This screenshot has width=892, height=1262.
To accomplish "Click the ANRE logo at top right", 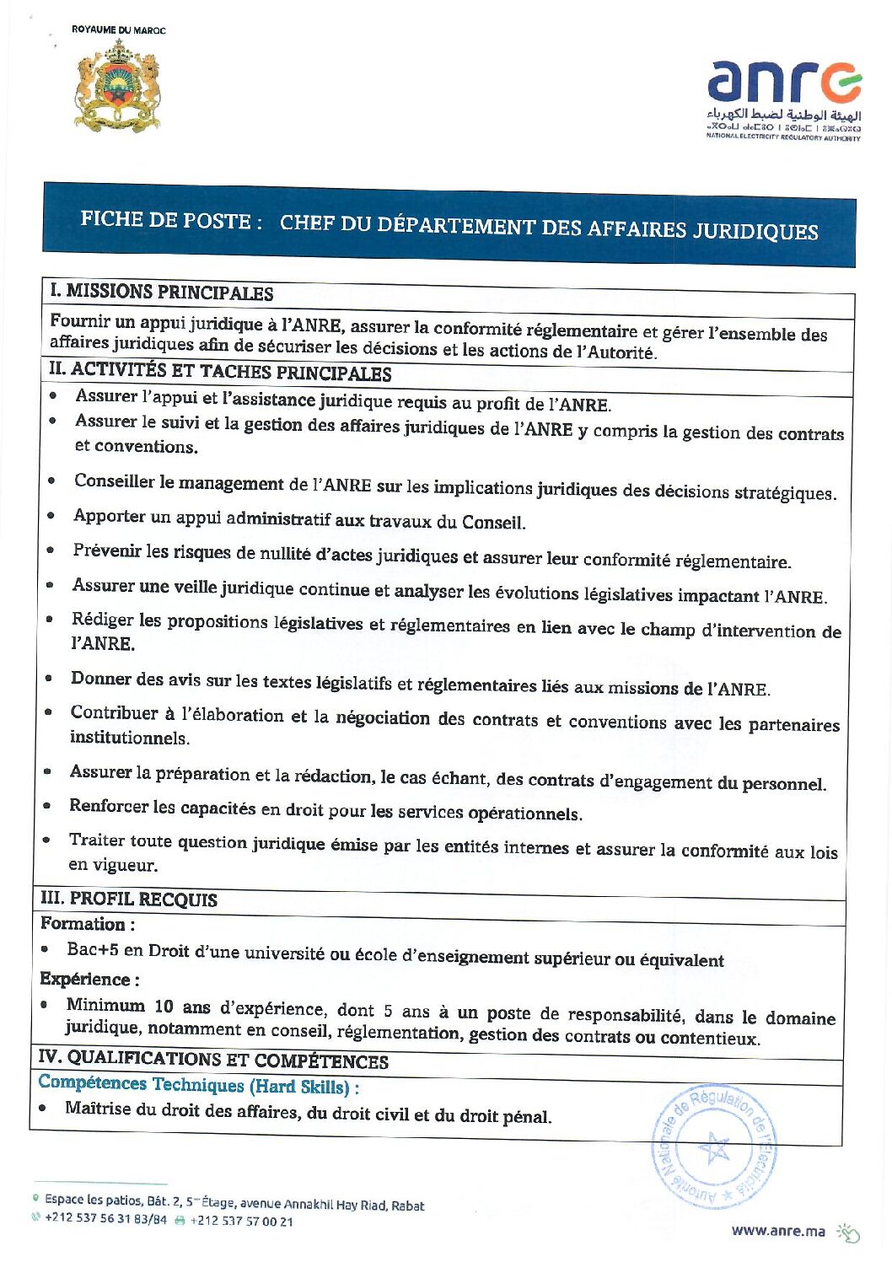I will click(783, 100).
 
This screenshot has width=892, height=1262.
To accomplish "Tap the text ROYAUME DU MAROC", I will click(119, 30).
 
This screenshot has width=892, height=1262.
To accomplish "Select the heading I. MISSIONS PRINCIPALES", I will click(161, 293).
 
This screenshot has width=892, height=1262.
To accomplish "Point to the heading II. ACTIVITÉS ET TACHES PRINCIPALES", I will click(220, 371).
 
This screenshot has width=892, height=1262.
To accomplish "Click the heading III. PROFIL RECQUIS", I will click(128, 900).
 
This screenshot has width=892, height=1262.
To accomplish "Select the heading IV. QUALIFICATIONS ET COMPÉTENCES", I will click(213, 1060).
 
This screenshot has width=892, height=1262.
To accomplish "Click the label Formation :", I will click(88, 924).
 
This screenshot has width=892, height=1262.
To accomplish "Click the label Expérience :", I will click(89, 980).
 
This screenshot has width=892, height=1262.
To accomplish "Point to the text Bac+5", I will click(93, 949).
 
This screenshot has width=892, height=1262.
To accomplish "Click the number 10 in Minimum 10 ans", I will click(164, 1007).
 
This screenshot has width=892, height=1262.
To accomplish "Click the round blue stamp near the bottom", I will click(714, 1147).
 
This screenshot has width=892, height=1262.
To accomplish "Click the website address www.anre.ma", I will click(778, 1231).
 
